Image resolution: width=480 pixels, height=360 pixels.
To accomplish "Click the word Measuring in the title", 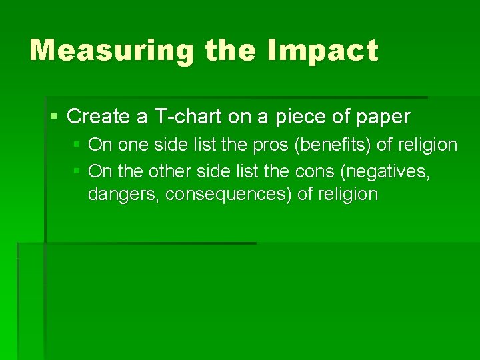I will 112,51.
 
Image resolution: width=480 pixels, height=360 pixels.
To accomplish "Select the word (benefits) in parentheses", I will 333,145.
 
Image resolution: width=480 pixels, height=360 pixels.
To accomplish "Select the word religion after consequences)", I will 348,195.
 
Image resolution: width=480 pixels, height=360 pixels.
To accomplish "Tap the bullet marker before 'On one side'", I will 77,145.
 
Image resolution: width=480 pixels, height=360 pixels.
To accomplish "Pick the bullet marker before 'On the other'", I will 77,172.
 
